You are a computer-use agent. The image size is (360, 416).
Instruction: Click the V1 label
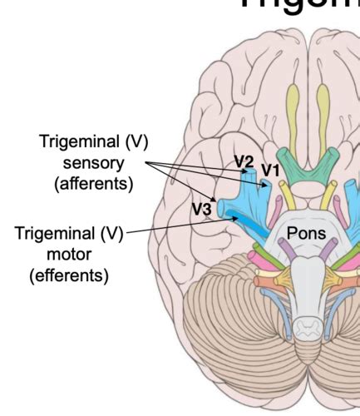[270, 171]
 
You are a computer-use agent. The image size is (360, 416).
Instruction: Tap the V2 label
[243, 161]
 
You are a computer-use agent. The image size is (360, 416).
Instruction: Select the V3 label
[200, 210]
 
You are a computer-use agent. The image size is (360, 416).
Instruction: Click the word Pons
[307, 232]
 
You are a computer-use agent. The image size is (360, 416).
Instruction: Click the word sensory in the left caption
[95, 162]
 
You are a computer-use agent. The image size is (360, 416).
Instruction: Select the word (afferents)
[94, 184]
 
